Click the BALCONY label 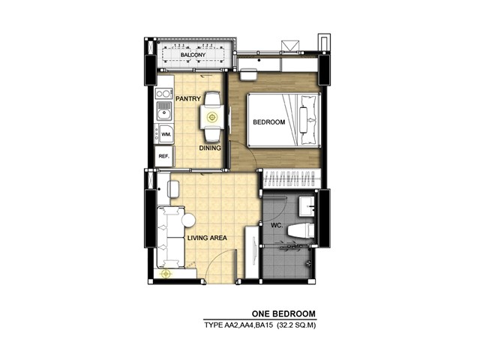[x=193, y=55]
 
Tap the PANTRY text [x=188, y=98]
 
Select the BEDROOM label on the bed [x=268, y=122]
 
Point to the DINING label [x=210, y=148]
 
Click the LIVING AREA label [x=207, y=238]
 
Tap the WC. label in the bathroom [x=277, y=226]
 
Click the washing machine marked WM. [x=164, y=133]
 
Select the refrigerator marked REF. [x=164, y=156]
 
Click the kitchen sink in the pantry [x=163, y=111]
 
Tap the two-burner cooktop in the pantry [x=163, y=93]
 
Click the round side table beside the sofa [x=188, y=220]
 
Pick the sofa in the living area [x=171, y=237]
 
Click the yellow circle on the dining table [x=211, y=117]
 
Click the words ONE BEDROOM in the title [x=283, y=313]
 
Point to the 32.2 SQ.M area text [x=296, y=325]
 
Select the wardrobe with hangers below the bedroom [x=292, y=178]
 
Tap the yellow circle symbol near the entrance [x=166, y=274]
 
